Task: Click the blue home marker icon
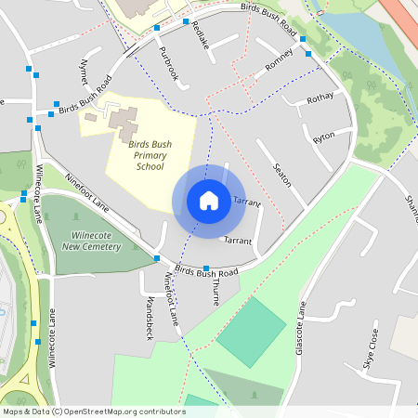tap(209, 201)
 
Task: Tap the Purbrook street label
tap(168, 63)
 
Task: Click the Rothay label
tap(320, 98)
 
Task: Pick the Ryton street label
tap(324, 137)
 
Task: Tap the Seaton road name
tap(282, 175)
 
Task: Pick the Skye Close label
tap(372, 349)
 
